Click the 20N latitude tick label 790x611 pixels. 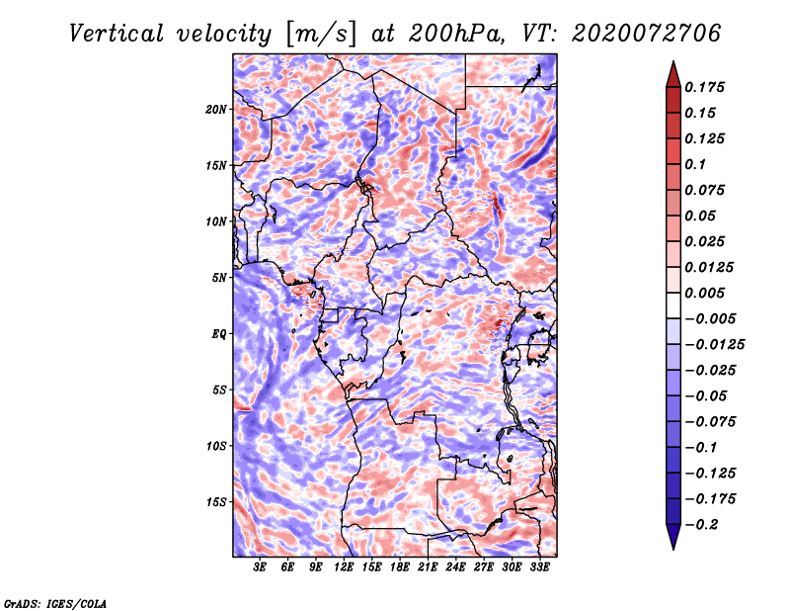point(216,109)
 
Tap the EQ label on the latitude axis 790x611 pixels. point(218,333)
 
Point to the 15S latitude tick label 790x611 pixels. point(216,501)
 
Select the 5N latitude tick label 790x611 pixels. point(219,278)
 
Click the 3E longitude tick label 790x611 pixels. point(260,567)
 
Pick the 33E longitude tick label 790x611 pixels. point(539,567)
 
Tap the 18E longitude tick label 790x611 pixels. point(400,567)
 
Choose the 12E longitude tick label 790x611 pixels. point(344,567)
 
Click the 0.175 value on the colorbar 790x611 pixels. point(704,87)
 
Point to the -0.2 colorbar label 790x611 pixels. point(701,525)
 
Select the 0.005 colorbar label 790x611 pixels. point(704,293)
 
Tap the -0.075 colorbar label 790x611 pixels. point(710,422)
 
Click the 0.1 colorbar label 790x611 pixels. point(695,164)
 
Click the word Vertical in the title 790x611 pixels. point(117,34)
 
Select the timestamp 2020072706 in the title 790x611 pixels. point(647,34)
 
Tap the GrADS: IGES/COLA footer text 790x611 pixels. point(55,603)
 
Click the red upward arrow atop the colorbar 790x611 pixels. point(673,74)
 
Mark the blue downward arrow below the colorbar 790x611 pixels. point(673,536)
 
